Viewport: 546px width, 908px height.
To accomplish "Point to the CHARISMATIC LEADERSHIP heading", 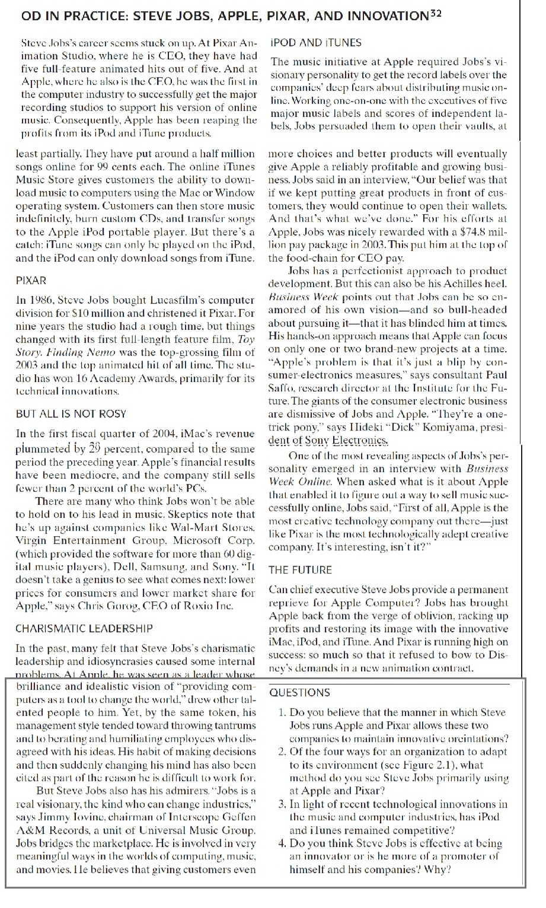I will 84,628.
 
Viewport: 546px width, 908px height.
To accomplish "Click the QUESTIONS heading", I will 299,692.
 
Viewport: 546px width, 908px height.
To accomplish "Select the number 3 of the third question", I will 282,805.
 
